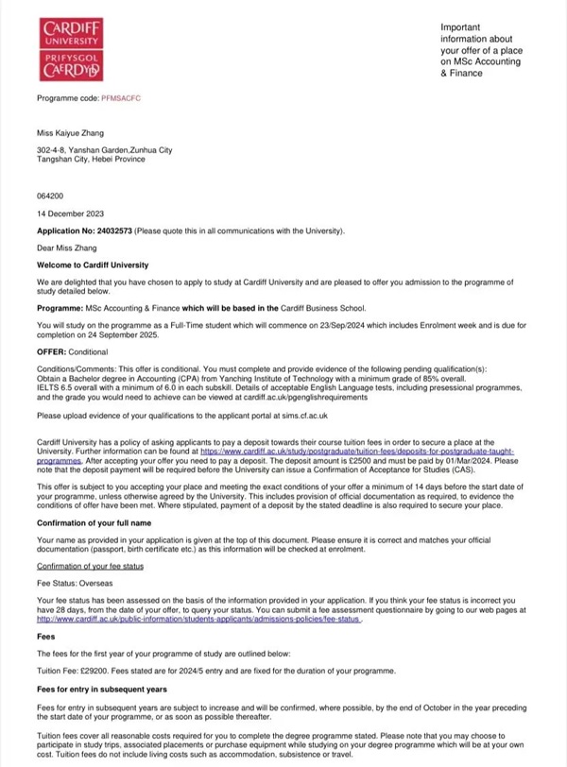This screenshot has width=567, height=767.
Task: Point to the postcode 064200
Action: [48, 196]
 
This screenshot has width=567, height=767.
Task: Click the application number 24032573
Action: [113, 230]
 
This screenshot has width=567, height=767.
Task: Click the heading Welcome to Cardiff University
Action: [93, 265]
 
